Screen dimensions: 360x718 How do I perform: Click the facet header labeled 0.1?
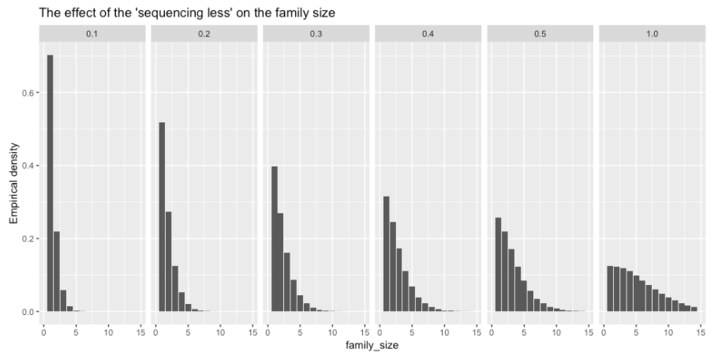(x=92, y=33)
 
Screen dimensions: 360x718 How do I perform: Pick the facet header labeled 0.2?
(x=204, y=33)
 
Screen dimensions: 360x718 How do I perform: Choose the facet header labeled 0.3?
(x=316, y=33)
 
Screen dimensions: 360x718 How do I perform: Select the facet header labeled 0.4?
(x=428, y=33)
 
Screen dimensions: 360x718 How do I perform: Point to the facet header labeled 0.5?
(x=540, y=33)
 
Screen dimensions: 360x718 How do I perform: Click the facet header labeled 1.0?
(x=653, y=33)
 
